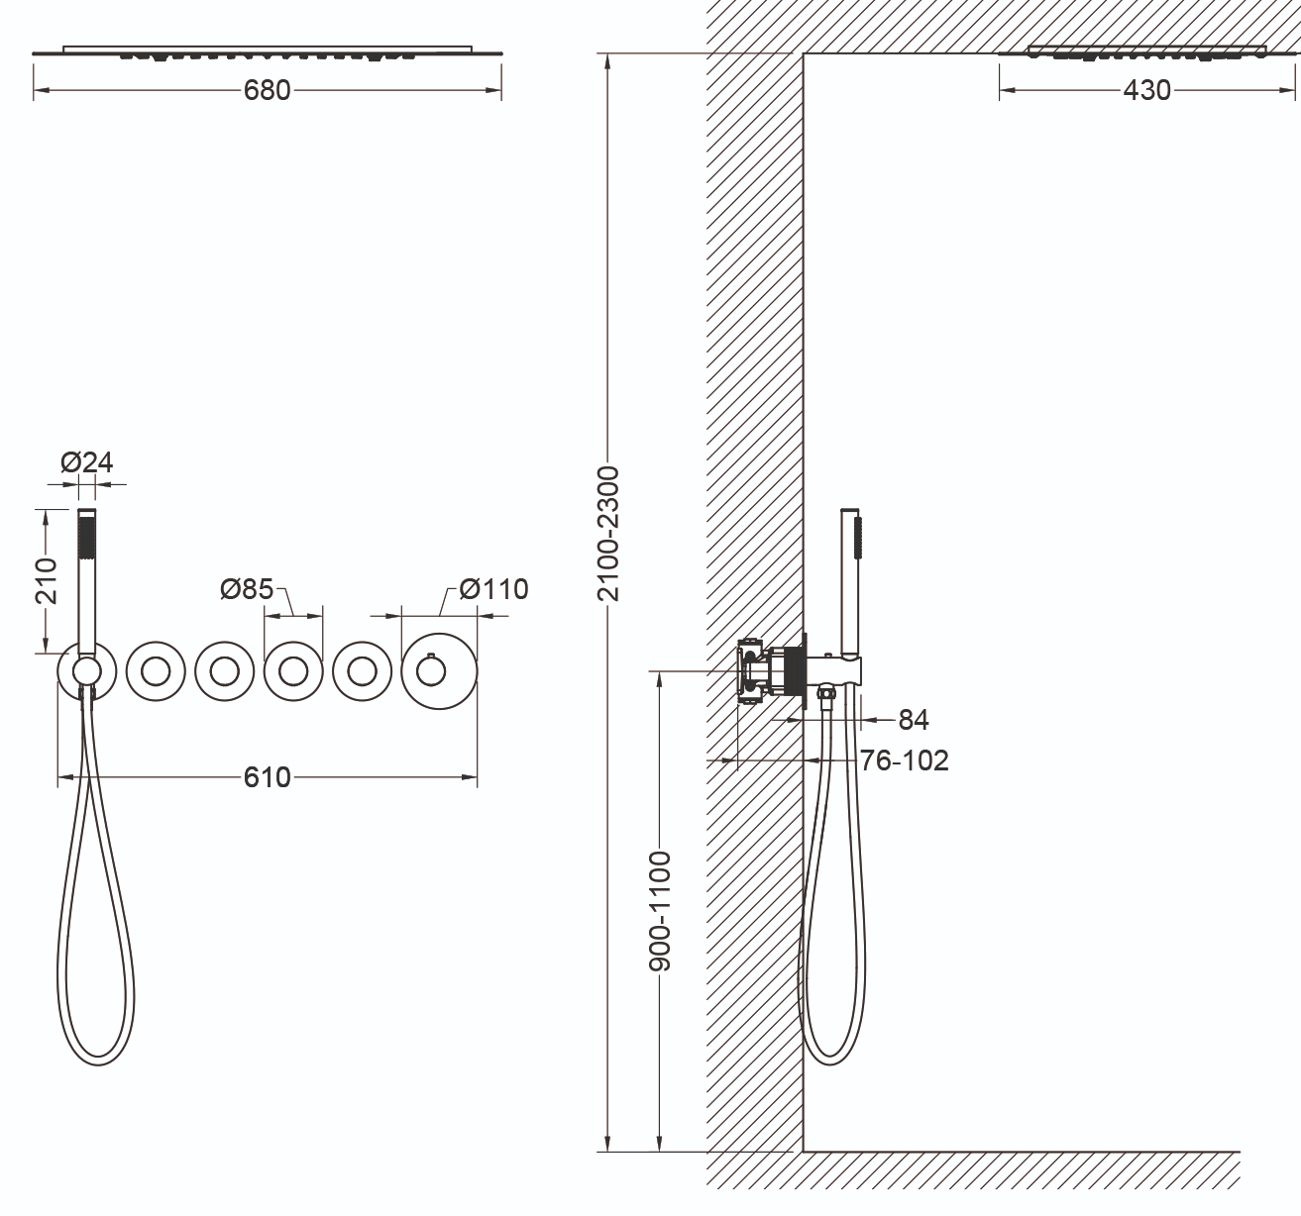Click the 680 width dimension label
[x=267, y=90]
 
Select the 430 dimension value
[x=1146, y=90]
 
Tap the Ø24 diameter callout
[x=86, y=462]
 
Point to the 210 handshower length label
[x=47, y=581]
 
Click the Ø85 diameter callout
[x=247, y=589]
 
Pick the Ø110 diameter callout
[x=493, y=589]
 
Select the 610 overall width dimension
[x=267, y=777]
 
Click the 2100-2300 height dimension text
[x=608, y=534]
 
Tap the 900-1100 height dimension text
[x=660, y=911]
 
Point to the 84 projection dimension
[x=914, y=720]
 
